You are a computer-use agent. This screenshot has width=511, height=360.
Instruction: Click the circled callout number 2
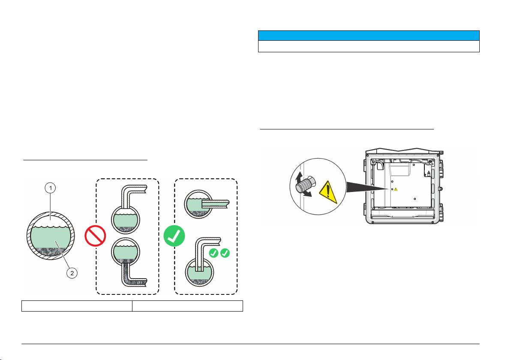click(x=72, y=272)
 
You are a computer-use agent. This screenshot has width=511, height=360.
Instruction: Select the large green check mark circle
click(x=174, y=236)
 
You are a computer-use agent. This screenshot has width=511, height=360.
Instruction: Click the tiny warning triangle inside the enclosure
click(x=396, y=189)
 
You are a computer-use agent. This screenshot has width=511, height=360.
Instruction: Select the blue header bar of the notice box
click(x=368, y=35)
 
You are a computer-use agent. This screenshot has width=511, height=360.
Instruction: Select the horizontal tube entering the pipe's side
click(x=215, y=204)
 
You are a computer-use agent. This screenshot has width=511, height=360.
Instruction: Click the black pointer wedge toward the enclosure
click(x=364, y=189)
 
